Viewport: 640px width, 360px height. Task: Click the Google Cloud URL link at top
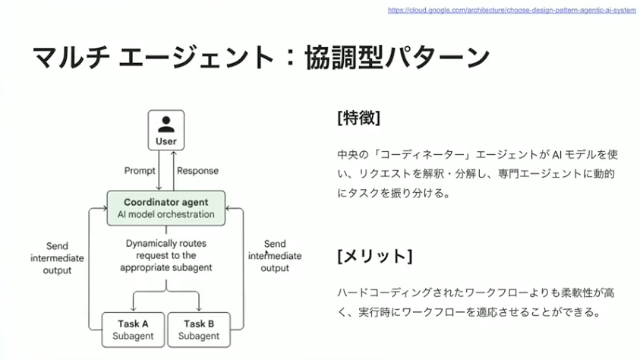point(511,11)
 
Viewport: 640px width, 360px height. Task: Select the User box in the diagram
point(166,130)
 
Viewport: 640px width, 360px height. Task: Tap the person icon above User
point(166,123)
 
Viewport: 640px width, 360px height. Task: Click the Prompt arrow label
point(140,171)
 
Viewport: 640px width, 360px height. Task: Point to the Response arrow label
point(197,171)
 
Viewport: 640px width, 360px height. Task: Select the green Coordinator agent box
point(166,208)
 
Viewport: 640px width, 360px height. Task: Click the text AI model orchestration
point(166,215)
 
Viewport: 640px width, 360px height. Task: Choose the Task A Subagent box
point(133,330)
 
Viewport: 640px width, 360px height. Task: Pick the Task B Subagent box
point(198,330)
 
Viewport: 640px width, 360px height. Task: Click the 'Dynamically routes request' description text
point(166,255)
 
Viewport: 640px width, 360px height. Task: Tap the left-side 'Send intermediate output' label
point(57,258)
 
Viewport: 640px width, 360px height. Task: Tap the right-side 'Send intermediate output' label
point(275,256)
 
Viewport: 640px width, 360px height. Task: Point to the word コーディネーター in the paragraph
point(415,154)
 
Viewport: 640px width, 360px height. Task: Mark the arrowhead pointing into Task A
point(133,308)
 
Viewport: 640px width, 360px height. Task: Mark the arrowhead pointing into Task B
point(198,308)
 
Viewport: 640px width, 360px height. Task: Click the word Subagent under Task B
point(198,336)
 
